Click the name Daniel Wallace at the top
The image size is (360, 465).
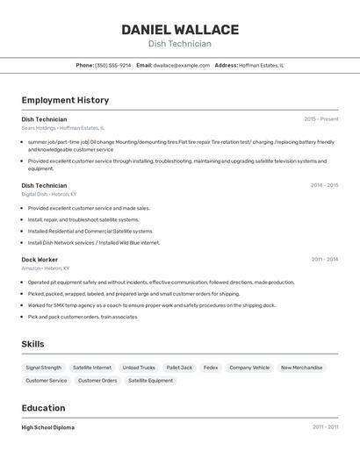(x=179, y=29)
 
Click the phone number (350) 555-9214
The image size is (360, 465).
(x=112, y=65)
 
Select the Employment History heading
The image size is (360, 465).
(x=65, y=100)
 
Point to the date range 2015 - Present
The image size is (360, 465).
(x=320, y=119)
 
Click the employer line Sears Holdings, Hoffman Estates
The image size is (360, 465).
(x=62, y=128)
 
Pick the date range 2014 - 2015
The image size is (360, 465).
(x=323, y=185)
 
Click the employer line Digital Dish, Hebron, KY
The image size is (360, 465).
(x=49, y=194)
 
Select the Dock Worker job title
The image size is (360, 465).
(x=40, y=260)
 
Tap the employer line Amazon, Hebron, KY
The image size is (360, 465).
(x=46, y=268)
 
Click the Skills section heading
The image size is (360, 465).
(x=32, y=344)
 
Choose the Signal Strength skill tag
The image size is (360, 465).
(x=43, y=368)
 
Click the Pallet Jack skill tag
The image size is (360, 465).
(x=179, y=368)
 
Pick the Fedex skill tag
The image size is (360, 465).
(x=211, y=368)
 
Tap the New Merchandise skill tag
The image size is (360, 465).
(x=301, y=368)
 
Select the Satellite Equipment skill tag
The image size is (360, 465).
(x=150, y=381)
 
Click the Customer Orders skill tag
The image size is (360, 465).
(x=97, y=381)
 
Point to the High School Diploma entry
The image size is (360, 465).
(x=47, y=427)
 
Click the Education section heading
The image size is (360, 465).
(x=43, y=408)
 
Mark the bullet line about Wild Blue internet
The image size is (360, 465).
(x=94, y=242)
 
